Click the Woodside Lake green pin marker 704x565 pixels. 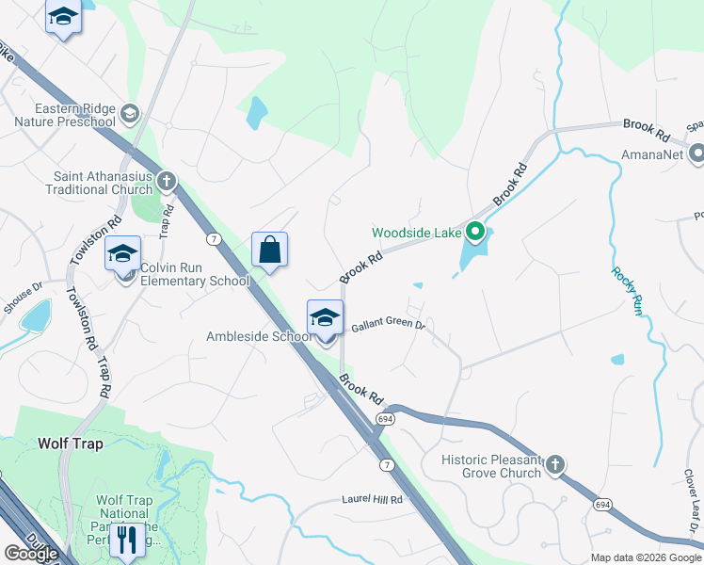click(x=475, y=232)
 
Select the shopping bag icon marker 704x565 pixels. click(x=269, y=250)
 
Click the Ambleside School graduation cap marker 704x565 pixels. click(x=325, y=318)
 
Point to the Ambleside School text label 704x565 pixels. click(x=260, y=337)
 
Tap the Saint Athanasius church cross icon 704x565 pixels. click(x=167, y=180)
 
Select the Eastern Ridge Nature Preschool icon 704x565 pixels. click(x=130, y=114)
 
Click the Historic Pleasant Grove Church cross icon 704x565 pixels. click(x=555, y=463)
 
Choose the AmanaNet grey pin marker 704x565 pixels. click(x=696, y=153)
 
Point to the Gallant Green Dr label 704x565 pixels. click(x=389, y=327)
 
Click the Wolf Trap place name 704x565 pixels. click(x=71, y=443)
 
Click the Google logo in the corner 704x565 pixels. click(x=30, y=554)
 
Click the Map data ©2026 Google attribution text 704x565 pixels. click(x=645, y=557)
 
